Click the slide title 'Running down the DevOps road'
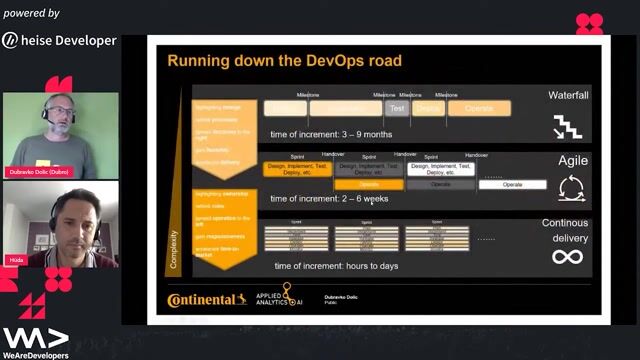click(x=284, y=61)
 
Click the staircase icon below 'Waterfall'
click(x=568, y=126)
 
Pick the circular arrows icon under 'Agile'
click(x=572, y=187)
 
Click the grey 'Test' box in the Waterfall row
click(x=397, y=108)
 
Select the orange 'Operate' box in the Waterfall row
click(x=479, y=108)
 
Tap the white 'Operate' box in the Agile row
click(x=512, y=184)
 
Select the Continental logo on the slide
click(x=207, y=299)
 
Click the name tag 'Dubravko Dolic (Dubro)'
click(x=38, y=172)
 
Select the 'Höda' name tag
click(x=17, y=258)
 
